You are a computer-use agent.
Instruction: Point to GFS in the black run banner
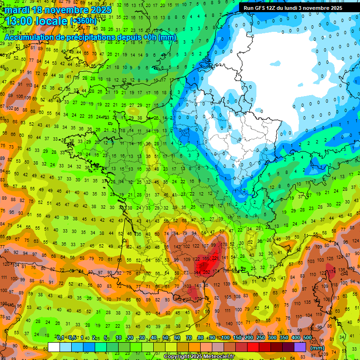tap(262, 8)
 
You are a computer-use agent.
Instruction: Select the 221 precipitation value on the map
tap(216, 258)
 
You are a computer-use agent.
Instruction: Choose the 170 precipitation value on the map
tap(198, 299)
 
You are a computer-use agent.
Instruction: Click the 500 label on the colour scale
tap(307, 338)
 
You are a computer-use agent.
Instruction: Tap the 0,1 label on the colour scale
tap(60, 338)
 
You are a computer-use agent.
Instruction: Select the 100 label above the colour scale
tap(225, 338)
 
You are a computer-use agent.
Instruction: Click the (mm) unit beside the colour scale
tap(317, 347)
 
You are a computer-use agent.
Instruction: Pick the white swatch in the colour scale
tap(54, 347)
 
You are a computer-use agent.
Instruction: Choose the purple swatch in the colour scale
tap(300, 347)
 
